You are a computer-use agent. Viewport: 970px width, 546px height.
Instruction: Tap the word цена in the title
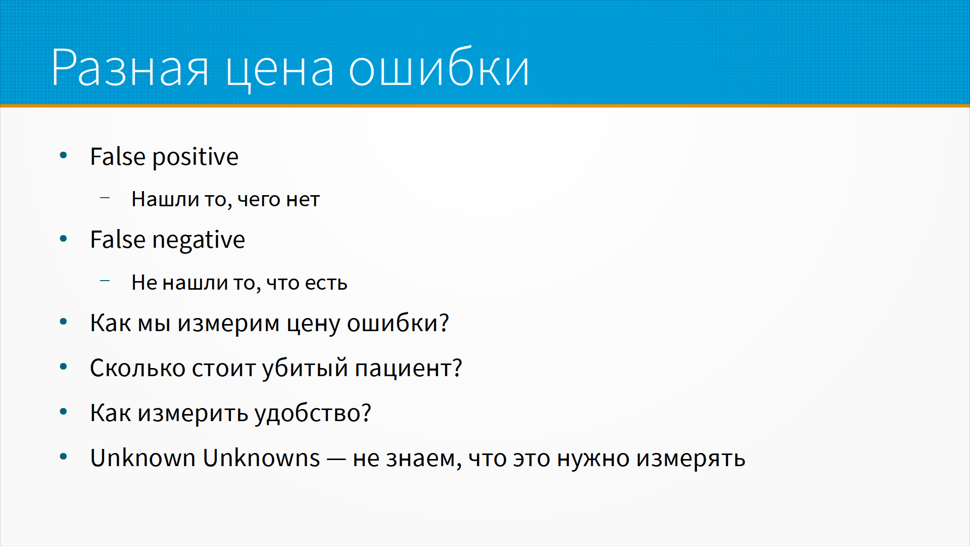pyautogui.click(x=279, y=71)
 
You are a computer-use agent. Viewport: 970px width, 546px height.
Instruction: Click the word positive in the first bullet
pyautogui.click(x=196, y=157)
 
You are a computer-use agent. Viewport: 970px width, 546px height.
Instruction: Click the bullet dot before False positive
pyautogui.click(x=63, y=155)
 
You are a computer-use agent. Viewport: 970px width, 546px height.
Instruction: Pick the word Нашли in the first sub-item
pyautogui.click(x=165, y=199)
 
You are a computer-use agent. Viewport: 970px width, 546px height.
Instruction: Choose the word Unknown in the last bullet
pyautogui.click(x=143, y=458)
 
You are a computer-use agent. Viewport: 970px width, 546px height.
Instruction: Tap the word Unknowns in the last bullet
pyautogui.click(x=261, y=458)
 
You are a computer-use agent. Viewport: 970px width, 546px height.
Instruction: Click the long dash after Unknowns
pyautogui.click(x=336, y=460)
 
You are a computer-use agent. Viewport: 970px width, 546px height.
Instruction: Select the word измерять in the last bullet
pyautogui.click(x=691, y=459)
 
